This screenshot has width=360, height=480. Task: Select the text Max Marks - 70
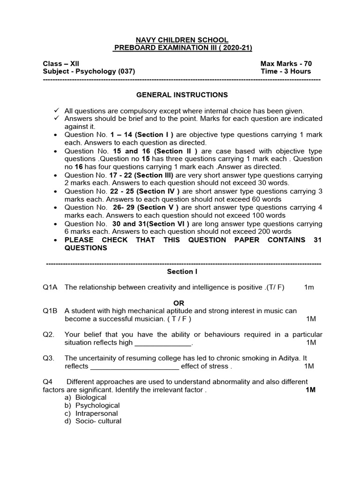point(286,64)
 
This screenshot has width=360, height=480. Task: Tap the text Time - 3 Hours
point(285,71)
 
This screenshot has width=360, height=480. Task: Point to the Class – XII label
point(58,64)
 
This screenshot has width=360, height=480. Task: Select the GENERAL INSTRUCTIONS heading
point(182,95)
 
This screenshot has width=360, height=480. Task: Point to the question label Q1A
point(50,287)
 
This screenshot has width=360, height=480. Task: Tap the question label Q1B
point(50,311)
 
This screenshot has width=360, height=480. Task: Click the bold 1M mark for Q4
point(310,390)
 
